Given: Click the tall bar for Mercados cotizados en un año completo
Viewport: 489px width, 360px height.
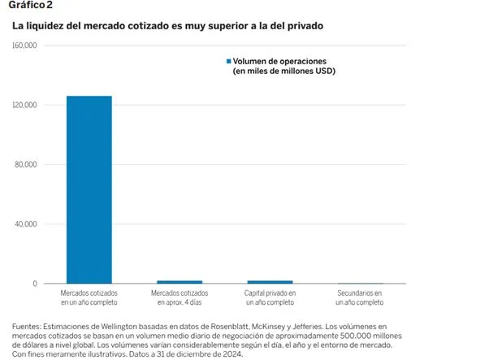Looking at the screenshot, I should point(89,189).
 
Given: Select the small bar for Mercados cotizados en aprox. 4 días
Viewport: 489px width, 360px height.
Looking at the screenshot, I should point(180,281).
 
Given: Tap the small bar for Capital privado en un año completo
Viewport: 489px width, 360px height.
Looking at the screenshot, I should point(270,281).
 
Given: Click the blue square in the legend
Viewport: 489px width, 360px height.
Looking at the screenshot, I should point(228,62).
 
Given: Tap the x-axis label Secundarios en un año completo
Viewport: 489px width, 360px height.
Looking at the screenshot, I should point(360,297).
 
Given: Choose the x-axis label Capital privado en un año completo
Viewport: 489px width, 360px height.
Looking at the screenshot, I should point(270,297).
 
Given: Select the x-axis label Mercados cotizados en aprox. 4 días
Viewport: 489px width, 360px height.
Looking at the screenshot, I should point(180,297).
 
